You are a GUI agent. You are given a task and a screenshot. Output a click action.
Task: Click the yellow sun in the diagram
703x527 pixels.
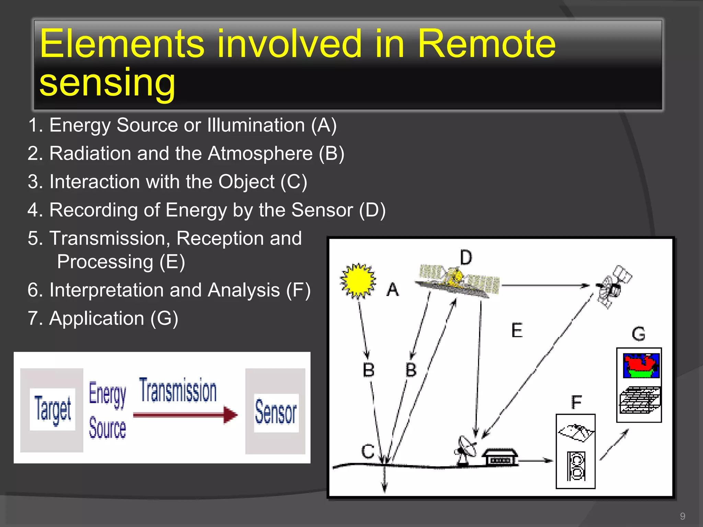[358, 281]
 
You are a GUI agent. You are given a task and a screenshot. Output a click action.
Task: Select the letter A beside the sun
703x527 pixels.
[393, 289]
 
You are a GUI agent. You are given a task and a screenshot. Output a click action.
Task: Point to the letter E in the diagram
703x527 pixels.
[517, 330]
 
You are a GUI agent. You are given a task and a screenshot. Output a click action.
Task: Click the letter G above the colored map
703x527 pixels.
[638, 334]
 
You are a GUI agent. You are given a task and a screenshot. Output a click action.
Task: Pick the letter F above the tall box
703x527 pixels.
[576, 402]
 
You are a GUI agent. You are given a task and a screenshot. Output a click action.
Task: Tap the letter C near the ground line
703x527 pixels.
[368, 451]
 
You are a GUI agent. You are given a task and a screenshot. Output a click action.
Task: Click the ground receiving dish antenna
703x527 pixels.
[466, 449]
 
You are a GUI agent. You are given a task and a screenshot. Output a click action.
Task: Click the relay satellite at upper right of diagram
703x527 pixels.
[613, 286]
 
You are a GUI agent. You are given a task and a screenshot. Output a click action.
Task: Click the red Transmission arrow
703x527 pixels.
[185, 415]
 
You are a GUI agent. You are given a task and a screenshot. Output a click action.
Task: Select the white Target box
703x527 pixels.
[53, 409]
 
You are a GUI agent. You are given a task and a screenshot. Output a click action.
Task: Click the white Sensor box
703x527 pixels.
[276, 413]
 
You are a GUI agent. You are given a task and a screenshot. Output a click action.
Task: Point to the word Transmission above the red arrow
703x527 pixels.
[178, 390]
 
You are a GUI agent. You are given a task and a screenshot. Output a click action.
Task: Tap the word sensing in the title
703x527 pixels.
[107, 83]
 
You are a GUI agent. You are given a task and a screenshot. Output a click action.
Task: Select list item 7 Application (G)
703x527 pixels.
[103, 318]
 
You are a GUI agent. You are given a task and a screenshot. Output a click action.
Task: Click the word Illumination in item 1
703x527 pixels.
[256, 125]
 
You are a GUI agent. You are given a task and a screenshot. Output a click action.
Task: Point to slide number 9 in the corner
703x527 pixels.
[682, 516]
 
